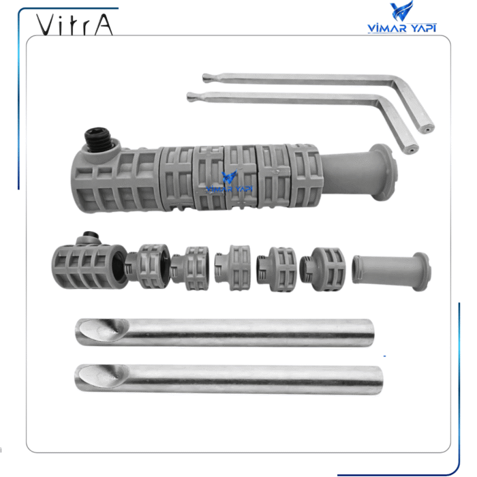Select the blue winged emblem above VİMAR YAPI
pos(401,12)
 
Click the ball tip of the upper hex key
pos(206,78)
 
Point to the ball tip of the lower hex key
pos(190,97)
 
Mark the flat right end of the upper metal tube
pos(369,333)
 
